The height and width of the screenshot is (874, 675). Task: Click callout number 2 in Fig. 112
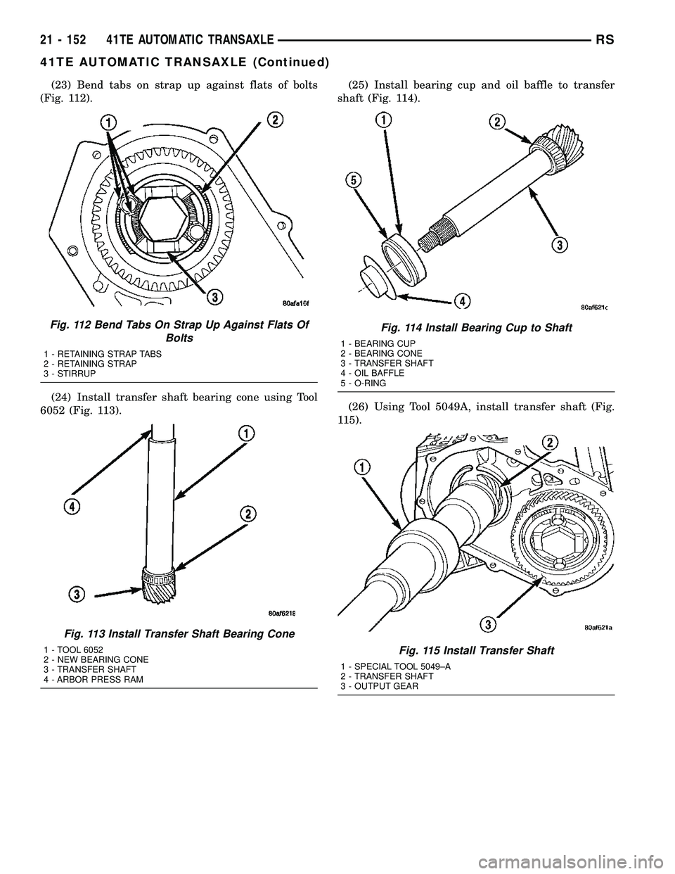[276, 120]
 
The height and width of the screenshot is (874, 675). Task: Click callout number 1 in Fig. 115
[361, 467]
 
